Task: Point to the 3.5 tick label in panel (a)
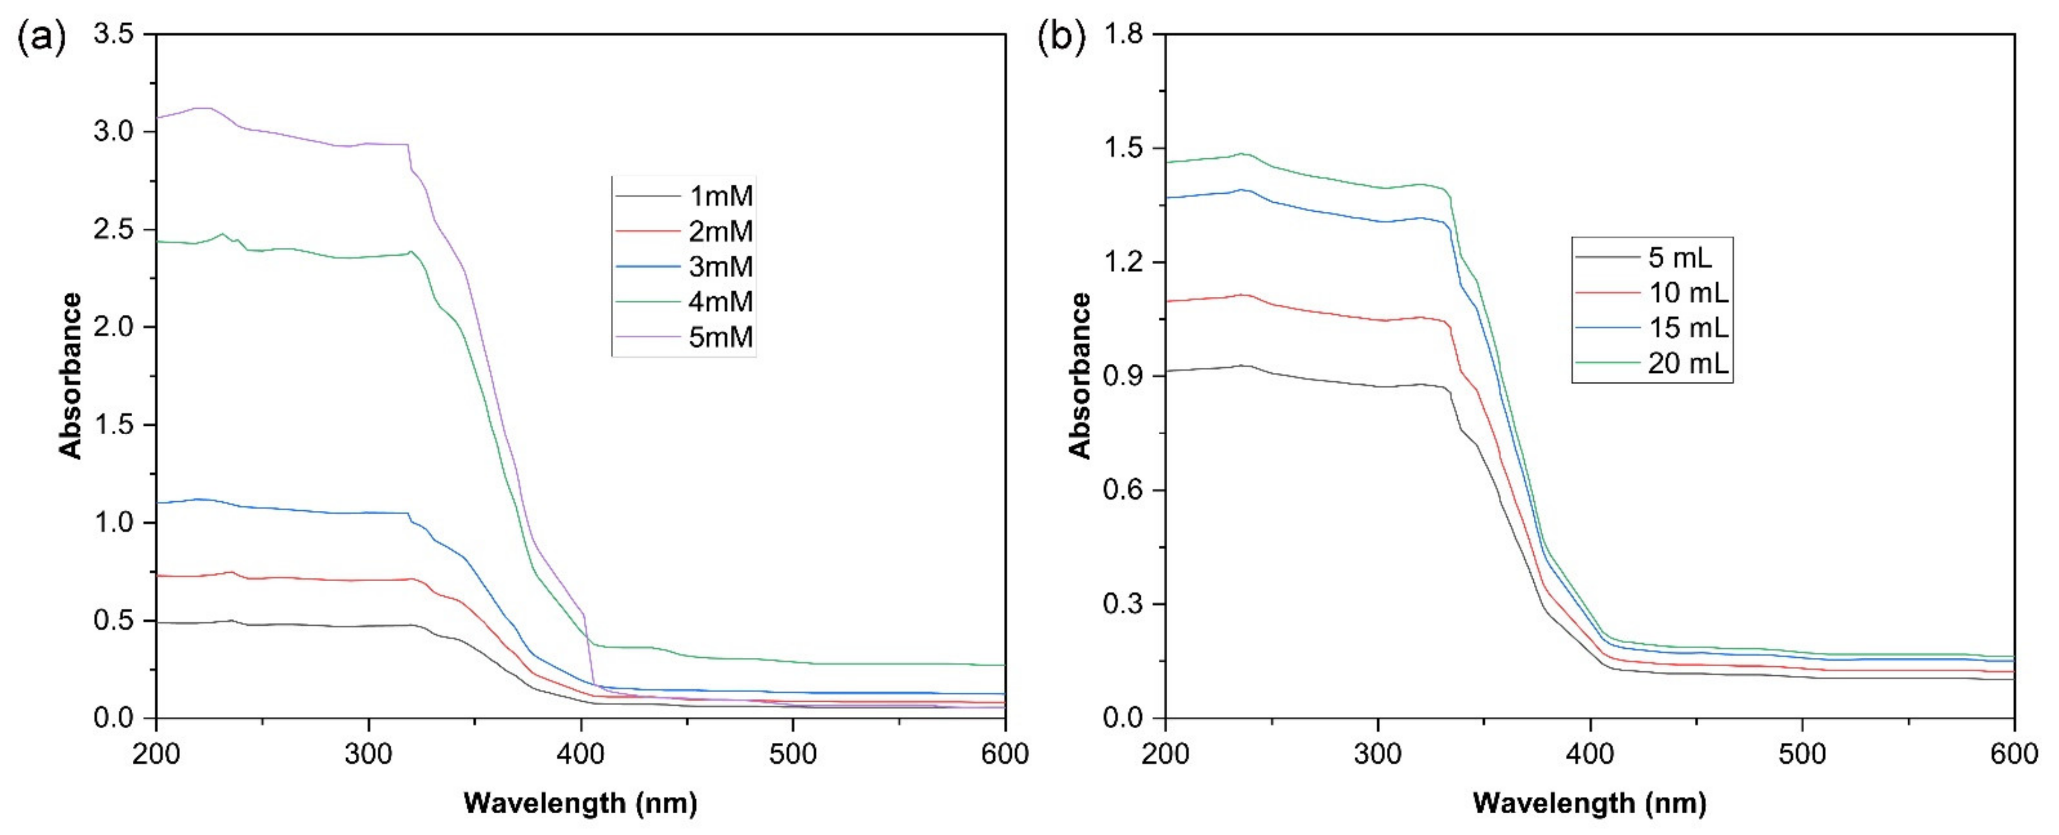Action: [113, 34]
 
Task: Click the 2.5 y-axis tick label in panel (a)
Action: [113, 230]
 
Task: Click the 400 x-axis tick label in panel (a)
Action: [581, 754]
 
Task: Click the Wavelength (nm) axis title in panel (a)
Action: [581, 802]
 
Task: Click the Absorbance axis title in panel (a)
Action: [70, 376]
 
